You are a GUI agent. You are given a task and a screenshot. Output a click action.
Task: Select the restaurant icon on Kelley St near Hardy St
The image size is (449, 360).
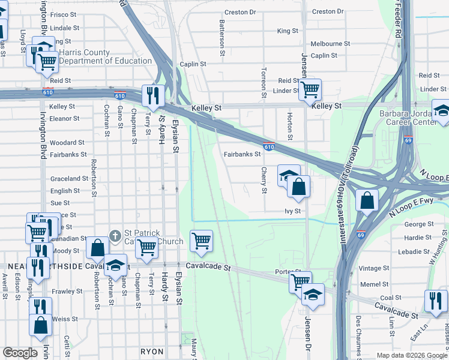(153, 96)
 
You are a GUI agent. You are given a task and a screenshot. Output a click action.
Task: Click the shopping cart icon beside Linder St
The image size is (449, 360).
(310, 90)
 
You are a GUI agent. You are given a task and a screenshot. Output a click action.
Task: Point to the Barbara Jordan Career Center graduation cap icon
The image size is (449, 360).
(441, 111)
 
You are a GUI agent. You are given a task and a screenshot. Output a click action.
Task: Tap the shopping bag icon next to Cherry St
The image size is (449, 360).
(298, 187)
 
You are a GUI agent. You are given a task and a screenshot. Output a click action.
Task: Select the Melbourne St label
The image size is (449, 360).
(330, 44)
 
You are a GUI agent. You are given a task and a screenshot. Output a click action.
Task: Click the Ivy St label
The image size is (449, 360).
(292, 211)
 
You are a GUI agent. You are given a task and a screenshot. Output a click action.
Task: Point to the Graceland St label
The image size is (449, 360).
(69, 179)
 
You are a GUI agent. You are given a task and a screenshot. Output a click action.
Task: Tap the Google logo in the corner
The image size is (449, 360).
(20, 353)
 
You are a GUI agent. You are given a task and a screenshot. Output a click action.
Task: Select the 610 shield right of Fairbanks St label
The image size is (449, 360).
(269, 146)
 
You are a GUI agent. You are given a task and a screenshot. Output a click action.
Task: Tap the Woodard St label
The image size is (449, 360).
(67, 143)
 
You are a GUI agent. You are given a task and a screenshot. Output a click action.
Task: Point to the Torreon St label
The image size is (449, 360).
(264, 82)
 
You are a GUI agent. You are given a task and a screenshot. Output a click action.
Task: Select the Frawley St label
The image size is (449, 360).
(67, 292)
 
